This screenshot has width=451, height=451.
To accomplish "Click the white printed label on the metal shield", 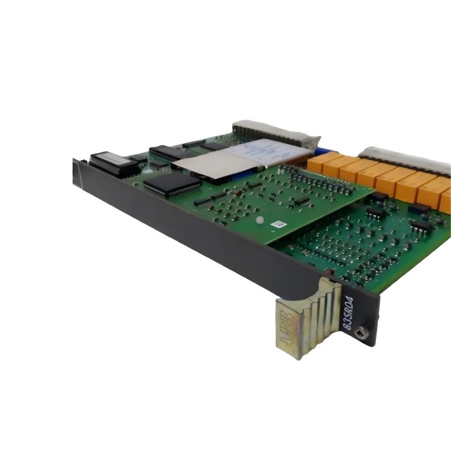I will coord(269,152).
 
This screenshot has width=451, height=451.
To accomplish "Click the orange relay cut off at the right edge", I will coord(445,201).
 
